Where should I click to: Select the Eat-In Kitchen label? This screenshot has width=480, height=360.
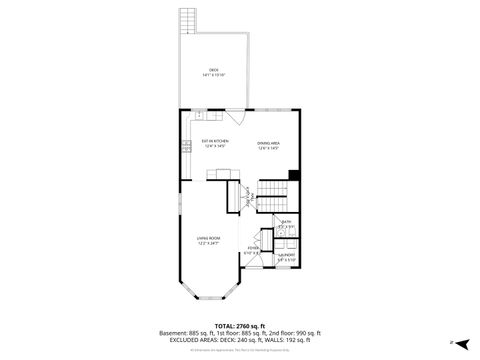click(215, 141)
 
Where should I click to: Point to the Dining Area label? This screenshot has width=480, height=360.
click(268, 142)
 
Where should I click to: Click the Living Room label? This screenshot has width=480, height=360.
click(208, 237)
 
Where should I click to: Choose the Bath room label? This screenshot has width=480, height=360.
click(287, 222)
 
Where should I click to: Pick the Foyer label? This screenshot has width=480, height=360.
click(254, 248)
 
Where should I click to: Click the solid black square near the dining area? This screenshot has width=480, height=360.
click(293, 177)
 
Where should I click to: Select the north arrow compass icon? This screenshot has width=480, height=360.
click(462, 342)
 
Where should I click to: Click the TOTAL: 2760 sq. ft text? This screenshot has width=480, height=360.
click(239, 326)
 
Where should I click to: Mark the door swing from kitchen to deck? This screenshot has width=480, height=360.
click(232, 114)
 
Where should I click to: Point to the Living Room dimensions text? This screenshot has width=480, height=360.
click(208, 243)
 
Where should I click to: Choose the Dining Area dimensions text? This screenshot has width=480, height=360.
click(268, 147)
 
